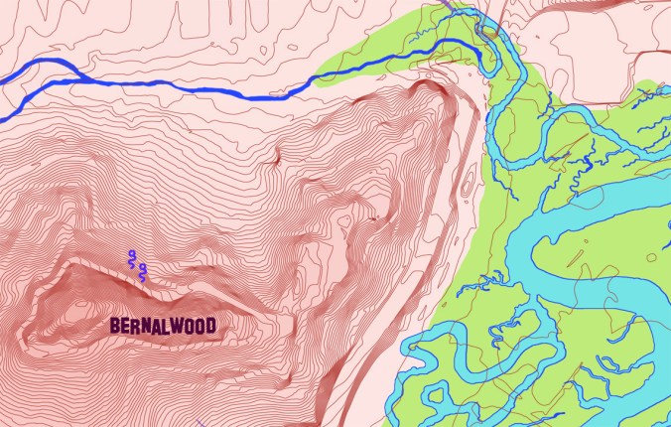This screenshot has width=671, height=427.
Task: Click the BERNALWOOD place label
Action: point(163,325)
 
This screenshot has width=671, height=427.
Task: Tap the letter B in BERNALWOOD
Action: point(115,325)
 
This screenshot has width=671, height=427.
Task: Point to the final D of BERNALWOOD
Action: point(209,325)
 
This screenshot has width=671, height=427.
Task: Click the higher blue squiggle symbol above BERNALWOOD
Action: point(132,260)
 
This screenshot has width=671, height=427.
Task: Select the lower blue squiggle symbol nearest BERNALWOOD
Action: point(143,273)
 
